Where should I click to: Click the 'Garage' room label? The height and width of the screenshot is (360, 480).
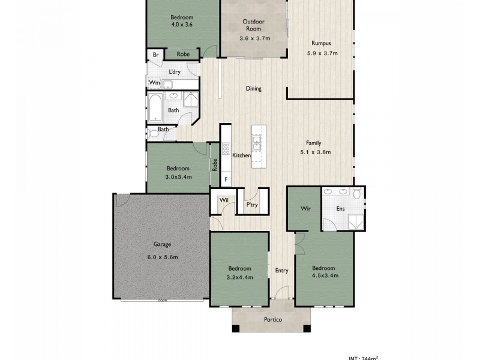tap(162, 245)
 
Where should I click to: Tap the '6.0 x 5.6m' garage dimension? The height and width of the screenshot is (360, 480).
tap(162, 257)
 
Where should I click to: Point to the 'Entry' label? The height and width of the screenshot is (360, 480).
tap(282, 271)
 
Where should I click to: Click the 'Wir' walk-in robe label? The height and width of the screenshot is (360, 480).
tap(304, 209)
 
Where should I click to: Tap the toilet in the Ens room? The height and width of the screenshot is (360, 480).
tap(357, 194)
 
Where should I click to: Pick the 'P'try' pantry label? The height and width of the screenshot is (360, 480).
tap(252, 205)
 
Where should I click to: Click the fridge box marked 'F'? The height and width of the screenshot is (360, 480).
tap(226, 179)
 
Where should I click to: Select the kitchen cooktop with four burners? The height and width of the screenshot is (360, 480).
tap(226, 148)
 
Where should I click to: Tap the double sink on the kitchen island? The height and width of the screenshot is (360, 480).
tap(257, 143)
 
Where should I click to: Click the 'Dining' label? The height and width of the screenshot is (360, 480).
tap(253, 89)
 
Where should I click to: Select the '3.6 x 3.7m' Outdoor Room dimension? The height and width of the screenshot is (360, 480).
tap(253, 38)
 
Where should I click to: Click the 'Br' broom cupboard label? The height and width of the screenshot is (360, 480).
tap(156, 55)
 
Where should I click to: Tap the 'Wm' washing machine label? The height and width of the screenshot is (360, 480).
tap(154, 82)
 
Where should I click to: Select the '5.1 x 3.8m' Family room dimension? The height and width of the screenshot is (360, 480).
tap(314, 152)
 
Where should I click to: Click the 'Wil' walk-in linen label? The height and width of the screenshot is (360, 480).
tap(223, 200)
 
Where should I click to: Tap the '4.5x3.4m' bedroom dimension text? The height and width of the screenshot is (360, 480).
tap(325, 275)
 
